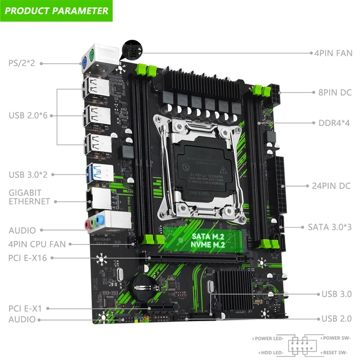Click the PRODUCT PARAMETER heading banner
coord(56,10)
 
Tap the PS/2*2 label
coord(21,62)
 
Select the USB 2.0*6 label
coord(28,115)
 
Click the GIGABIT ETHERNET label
coord(29,197)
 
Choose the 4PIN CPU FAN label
coord(37,244)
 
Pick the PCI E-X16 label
coord(28,258)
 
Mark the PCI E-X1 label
coord(25,308)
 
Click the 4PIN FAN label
coord(332,53)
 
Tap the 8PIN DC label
coord(334,92)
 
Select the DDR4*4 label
coord(334,123)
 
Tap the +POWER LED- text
coord(268,338)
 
